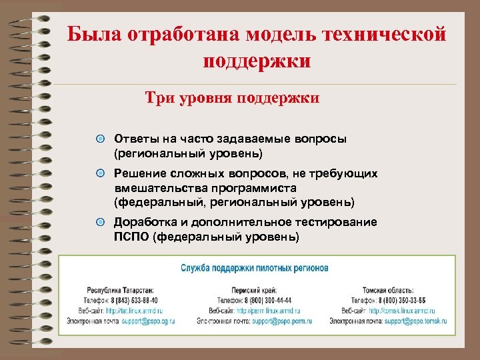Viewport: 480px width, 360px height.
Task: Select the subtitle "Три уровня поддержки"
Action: tap(233, 99)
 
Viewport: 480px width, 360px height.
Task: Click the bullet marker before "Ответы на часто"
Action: tap(100, 139)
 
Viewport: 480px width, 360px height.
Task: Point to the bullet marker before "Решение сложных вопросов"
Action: tap(100, 173)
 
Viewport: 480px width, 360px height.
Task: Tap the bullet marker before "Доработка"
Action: tap(100, 222)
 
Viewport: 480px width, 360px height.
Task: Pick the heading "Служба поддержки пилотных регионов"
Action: tap(255, 268)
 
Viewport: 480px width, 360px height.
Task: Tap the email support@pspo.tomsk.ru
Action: tap(415, 321)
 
